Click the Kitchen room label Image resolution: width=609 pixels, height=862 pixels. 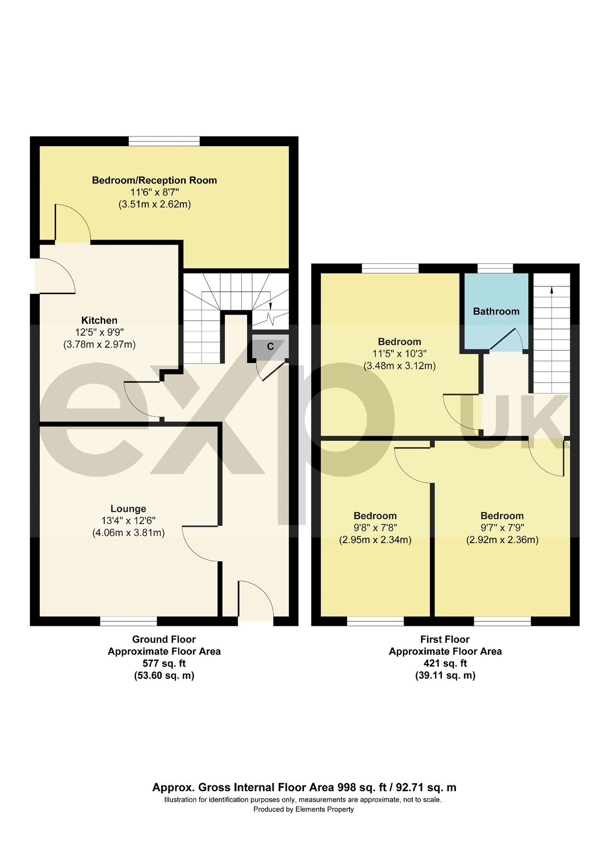click(99, 320)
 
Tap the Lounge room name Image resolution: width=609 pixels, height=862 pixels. click(128, 509)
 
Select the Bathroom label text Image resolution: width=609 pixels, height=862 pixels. click(496, 311)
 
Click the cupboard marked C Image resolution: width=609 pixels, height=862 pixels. click(270, 346)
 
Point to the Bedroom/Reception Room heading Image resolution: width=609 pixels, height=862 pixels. click(154, 180)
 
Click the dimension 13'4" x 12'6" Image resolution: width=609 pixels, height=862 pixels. click(128, 521)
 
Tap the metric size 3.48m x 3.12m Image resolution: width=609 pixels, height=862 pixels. click(399, 366)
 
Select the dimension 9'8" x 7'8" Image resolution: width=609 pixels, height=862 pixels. click(375, 528)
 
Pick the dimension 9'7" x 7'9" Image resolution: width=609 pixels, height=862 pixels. click(502, 528)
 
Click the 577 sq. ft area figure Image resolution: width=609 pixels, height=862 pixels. click(164, 663)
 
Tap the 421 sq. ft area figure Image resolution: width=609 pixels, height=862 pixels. click(445, 663)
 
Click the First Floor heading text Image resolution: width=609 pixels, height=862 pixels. click(445, 639)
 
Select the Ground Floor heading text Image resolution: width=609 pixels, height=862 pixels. click(164, 639)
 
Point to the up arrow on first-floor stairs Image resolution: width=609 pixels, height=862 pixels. click(552, 289)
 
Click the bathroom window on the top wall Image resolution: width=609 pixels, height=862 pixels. click(495, 268)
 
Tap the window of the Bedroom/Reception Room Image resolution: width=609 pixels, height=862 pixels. click(164, 141)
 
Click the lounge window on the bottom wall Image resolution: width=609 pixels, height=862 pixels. click(128, 621)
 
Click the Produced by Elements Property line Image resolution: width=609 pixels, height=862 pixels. click(303, 809)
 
